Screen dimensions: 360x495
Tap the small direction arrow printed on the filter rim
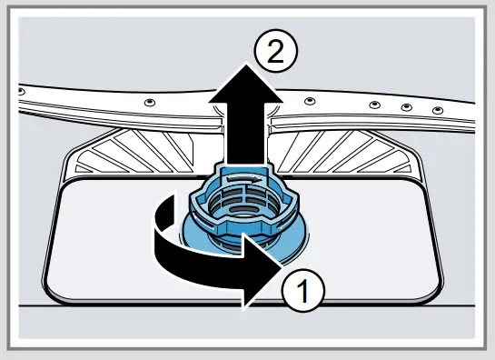(x=259, y=181)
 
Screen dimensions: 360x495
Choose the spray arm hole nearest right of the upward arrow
(x=310, y=101)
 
